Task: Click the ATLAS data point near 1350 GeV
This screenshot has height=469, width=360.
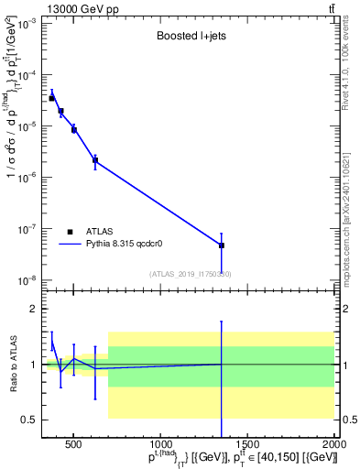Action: [222, 245]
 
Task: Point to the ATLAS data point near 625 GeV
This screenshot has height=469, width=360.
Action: [95, 160]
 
